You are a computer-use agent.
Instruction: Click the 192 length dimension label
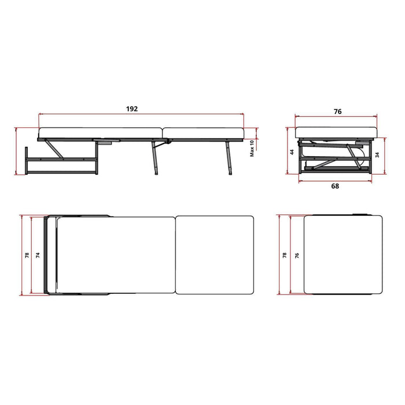[132, 109]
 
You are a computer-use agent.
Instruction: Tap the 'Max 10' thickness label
[252, 148]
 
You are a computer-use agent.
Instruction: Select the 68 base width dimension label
[335, 186]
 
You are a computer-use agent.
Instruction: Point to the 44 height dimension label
[292, 152]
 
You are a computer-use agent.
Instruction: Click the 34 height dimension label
[377, 155]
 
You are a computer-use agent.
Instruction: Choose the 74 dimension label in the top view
[38, 256]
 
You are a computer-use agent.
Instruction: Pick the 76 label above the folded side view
[337, 112]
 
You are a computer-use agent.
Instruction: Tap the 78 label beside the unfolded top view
[27, 256]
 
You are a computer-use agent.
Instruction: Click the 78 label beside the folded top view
[285, 256]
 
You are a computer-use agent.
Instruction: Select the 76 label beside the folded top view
[297, 256]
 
